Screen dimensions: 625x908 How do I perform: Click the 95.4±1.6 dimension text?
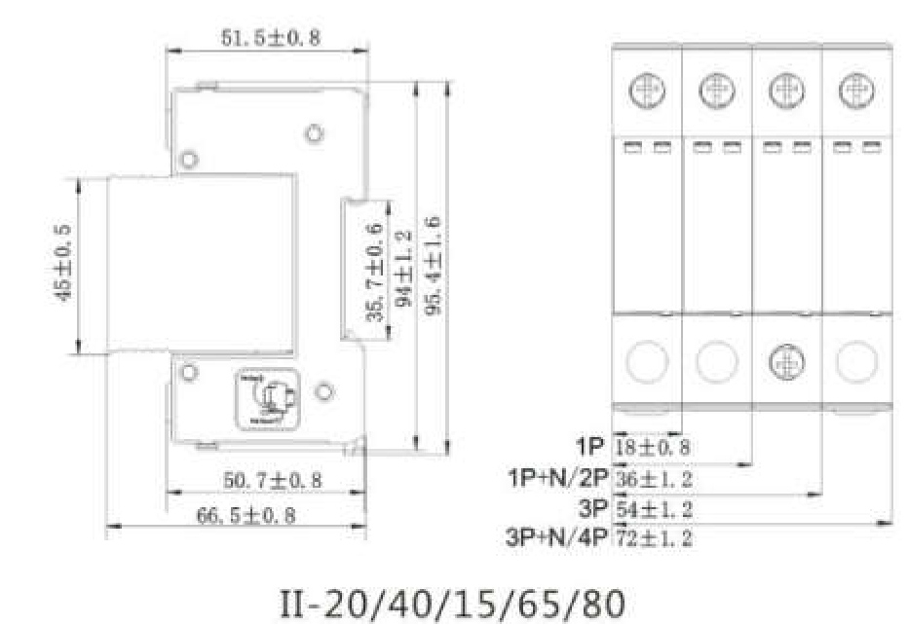point(435,266)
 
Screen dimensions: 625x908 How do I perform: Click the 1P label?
point(589,448)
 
